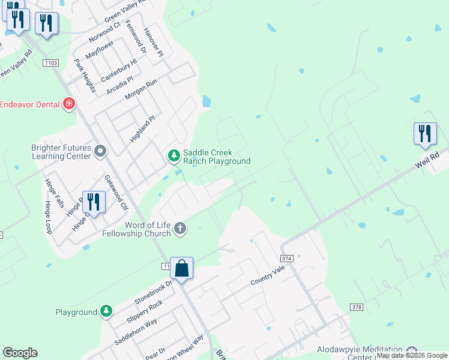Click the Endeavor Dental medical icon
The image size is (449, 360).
(70, 104)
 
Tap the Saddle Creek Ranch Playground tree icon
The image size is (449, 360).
(174, 156)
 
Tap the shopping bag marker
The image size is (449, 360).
(181, 268)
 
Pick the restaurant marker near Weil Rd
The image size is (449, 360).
(425, 134)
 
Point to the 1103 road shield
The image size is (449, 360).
(50, 62)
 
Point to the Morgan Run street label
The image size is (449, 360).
(140, 89)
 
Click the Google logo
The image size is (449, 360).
(20, 353)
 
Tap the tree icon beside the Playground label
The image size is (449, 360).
(106, 311)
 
